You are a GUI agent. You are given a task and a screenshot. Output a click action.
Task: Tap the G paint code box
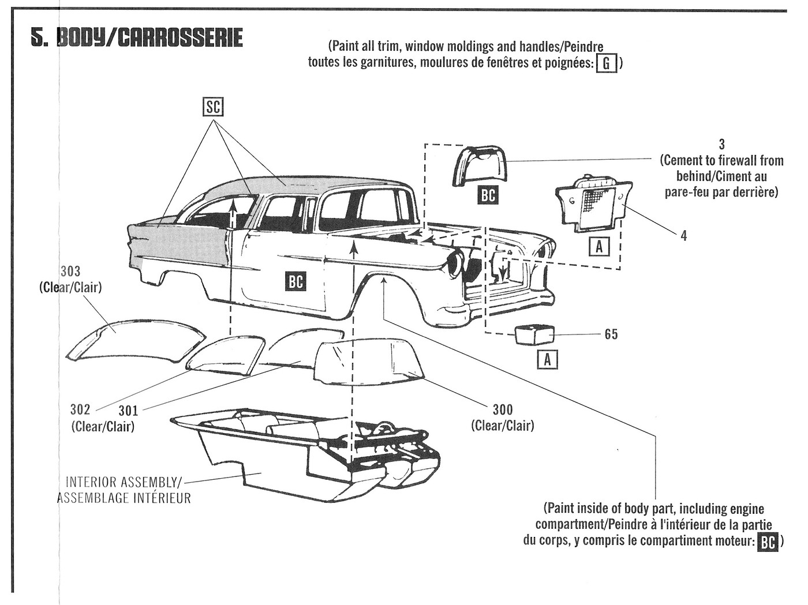pyautogui.click(x=605, y=63)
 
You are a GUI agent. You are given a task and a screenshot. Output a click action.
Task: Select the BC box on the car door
pyautogui.click(x=295, y=281)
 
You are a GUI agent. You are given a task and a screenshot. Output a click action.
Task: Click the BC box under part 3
pyautogui.click(x=488, y=195)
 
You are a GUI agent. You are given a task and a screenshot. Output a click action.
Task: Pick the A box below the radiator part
pyautogui.click(x=599, y=247)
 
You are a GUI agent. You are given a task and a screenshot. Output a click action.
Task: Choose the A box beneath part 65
pyautogui.click(x=547, y=360)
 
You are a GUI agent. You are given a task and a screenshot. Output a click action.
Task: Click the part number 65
pyautogui.click(x=611, y=334)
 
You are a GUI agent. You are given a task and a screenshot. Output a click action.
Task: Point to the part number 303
pyautogui.click(x=70, y=272)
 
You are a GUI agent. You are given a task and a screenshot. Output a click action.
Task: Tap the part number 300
pyautogui.click(x=502, y=410)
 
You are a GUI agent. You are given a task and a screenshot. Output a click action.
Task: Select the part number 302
pyautogui.click(x=80, y=409)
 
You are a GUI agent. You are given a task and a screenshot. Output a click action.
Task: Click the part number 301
pyautogui.click(x=128, y=411)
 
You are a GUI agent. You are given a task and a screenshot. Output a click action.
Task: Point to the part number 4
pyautogui.click(x=684, y=235)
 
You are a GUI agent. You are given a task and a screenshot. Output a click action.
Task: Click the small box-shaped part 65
pyautogui.click(x=534, y=335)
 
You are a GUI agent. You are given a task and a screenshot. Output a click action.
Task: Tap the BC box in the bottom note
pyautogui.click(x=767, y=542)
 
